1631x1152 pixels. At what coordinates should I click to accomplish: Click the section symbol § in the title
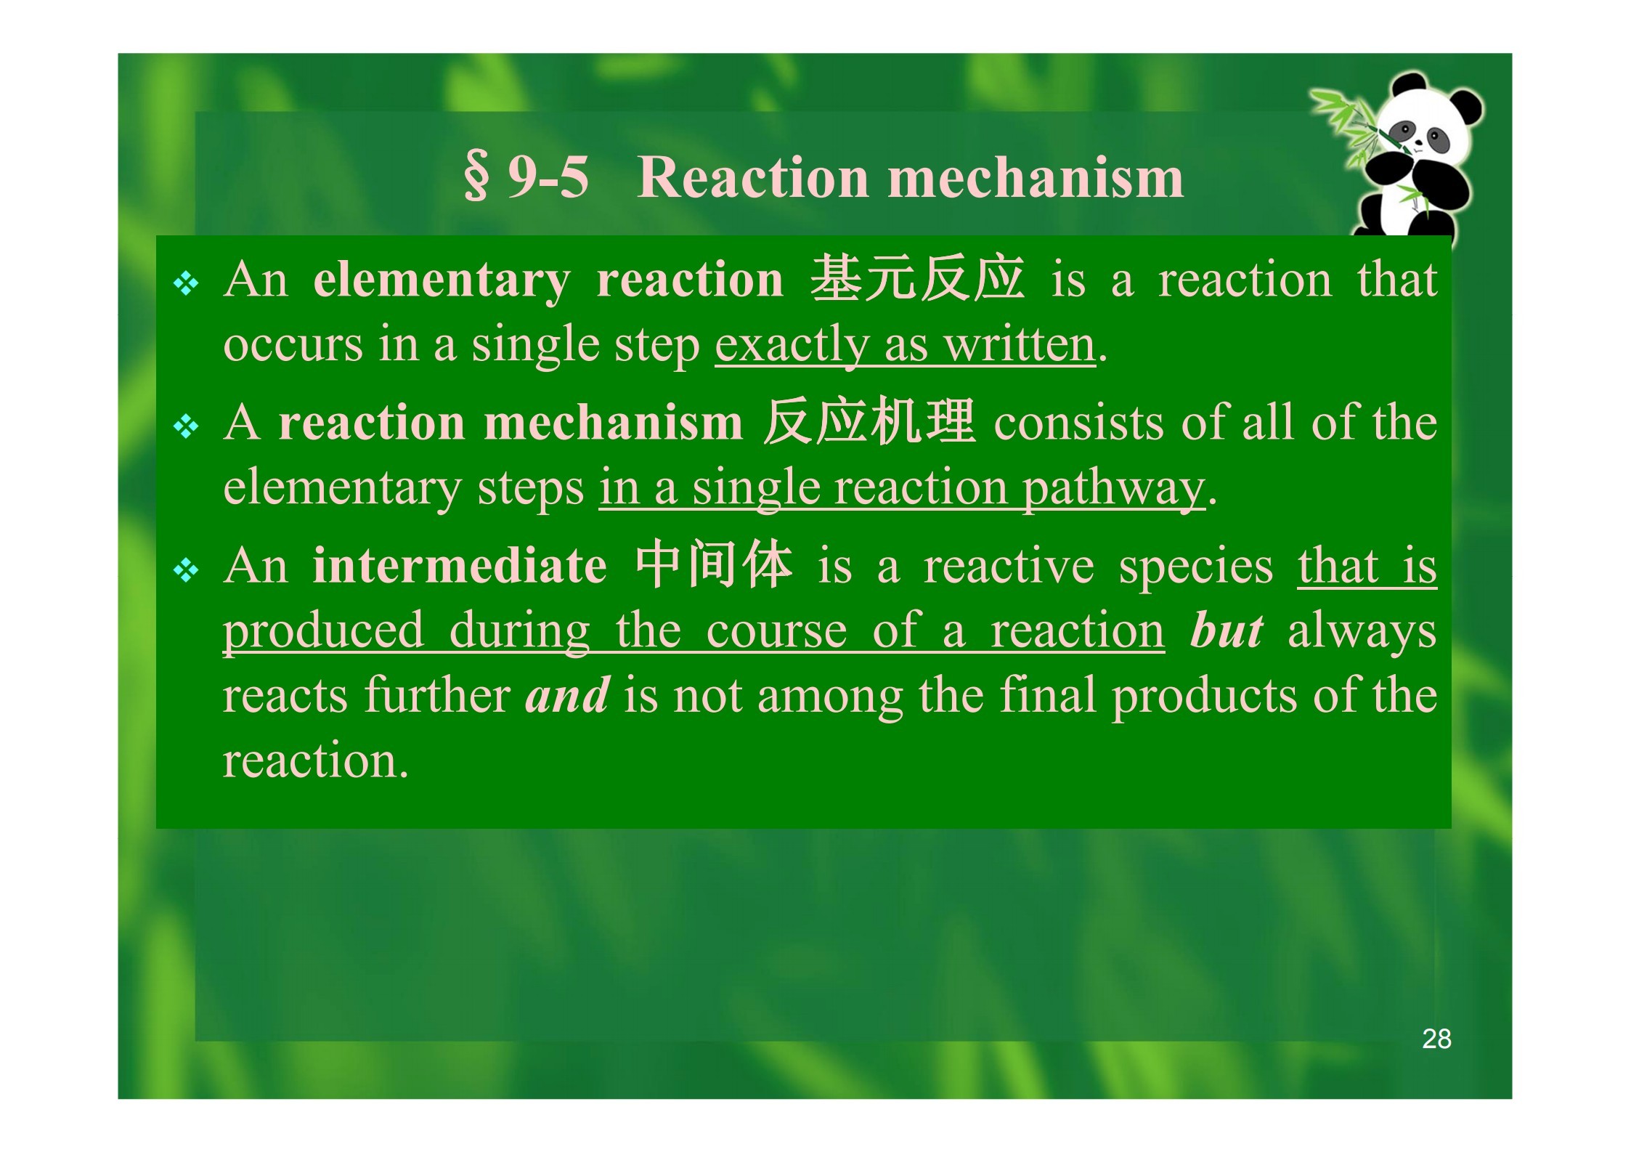tap(476, 178)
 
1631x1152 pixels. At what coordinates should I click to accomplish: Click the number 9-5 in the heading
tap(548, 177)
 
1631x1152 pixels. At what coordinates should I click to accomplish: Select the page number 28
tap(1436, 1039)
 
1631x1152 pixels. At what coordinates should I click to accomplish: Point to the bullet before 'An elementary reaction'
tap(186, 283)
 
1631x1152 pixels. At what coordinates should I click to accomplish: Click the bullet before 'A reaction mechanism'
tap(186, 426)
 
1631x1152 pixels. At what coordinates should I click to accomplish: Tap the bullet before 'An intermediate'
tap(186, 570)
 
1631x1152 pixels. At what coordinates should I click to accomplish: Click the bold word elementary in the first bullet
tap(442, 281)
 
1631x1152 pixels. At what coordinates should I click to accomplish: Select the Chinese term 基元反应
tap(917, 278)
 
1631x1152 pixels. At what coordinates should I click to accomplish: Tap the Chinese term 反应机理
tap(869, 421)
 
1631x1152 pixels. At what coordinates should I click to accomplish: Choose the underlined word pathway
tap(1114, 488)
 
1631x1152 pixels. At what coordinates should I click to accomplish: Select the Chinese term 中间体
tap(713, 564)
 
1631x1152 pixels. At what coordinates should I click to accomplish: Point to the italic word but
tap(1227, 630)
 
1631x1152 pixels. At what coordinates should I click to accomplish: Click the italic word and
tap(567, 695)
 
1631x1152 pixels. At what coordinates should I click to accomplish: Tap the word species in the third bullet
tap(1196, 567)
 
